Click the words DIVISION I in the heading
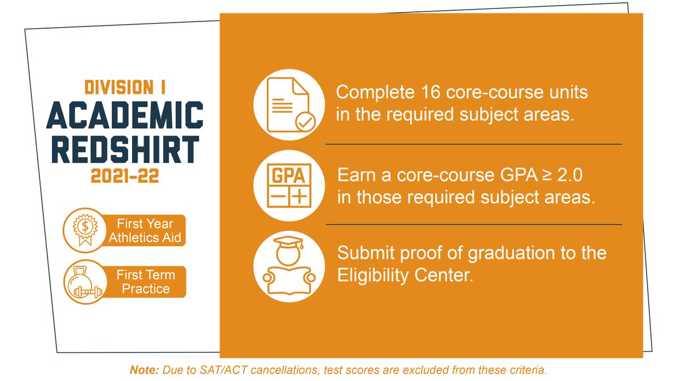tap(125, 87)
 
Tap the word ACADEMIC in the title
tap(125, 116)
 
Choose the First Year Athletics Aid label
tap(145, 231)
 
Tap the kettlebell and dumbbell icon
tap(83, 282)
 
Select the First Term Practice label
tap(146, 282)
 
